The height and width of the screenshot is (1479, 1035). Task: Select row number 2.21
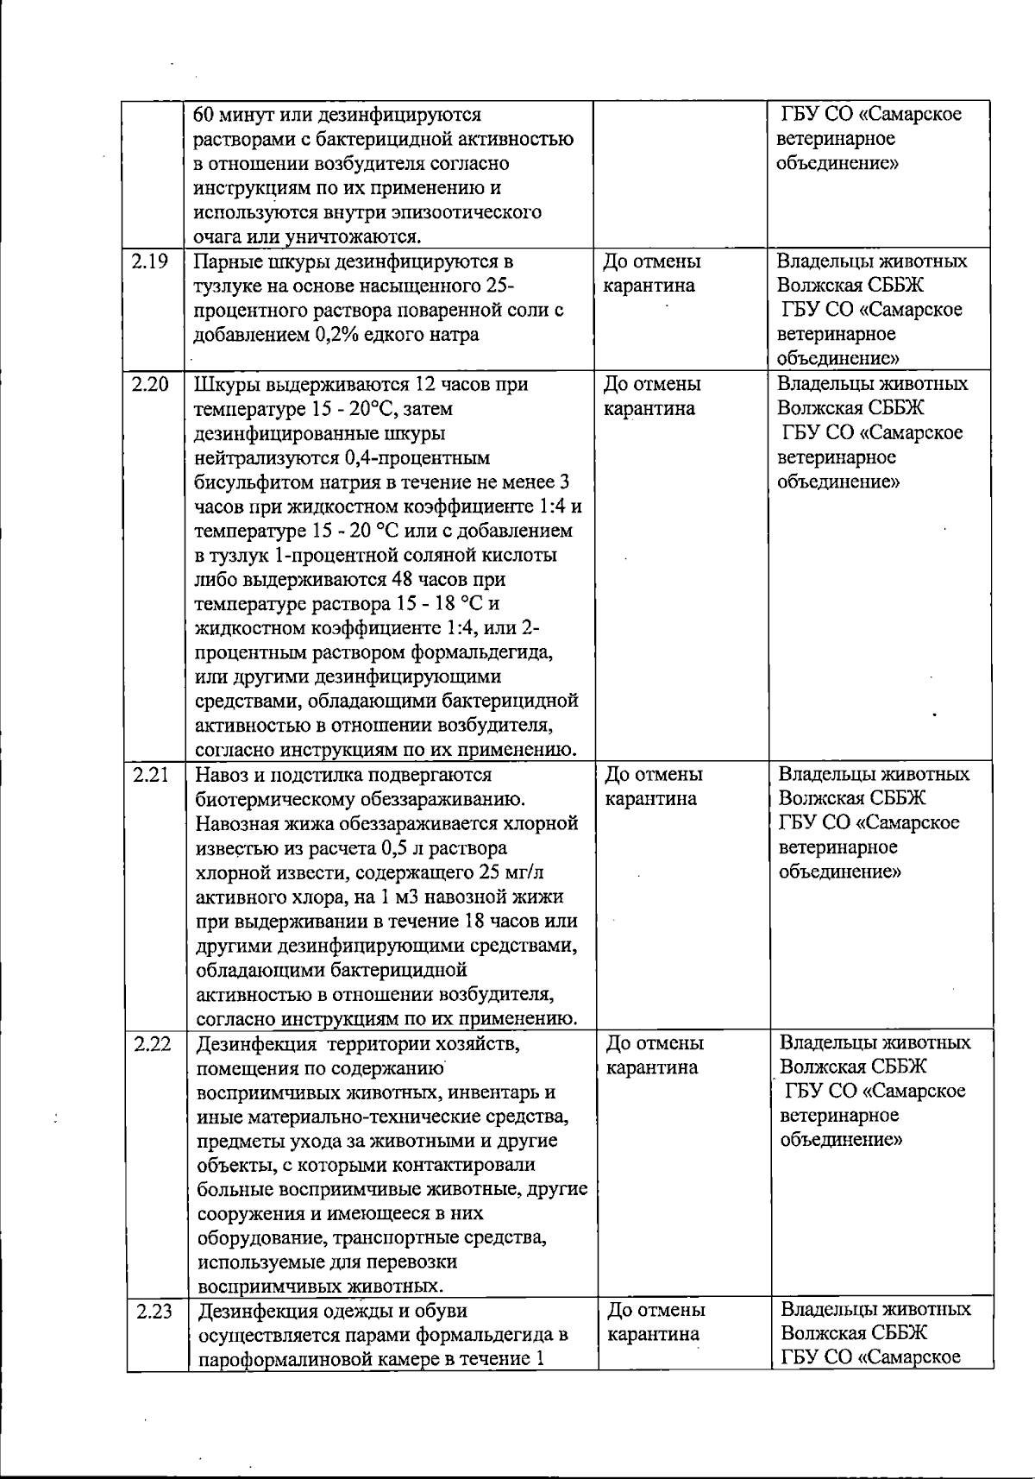pyautogui.click(x=151, y=775)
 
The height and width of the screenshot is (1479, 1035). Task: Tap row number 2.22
pyautogui.click(x=153, y=1044)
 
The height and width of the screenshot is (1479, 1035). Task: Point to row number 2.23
pyautogui.click(x=154, y=1312)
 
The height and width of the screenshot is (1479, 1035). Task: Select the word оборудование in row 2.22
pyautogui.click(x=256, y=1238)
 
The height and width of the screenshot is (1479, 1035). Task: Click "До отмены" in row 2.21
pyautogui.click(x=653, y=775)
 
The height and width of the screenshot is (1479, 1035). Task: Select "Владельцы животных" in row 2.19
pyautogui.click(x=872, y=261)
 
